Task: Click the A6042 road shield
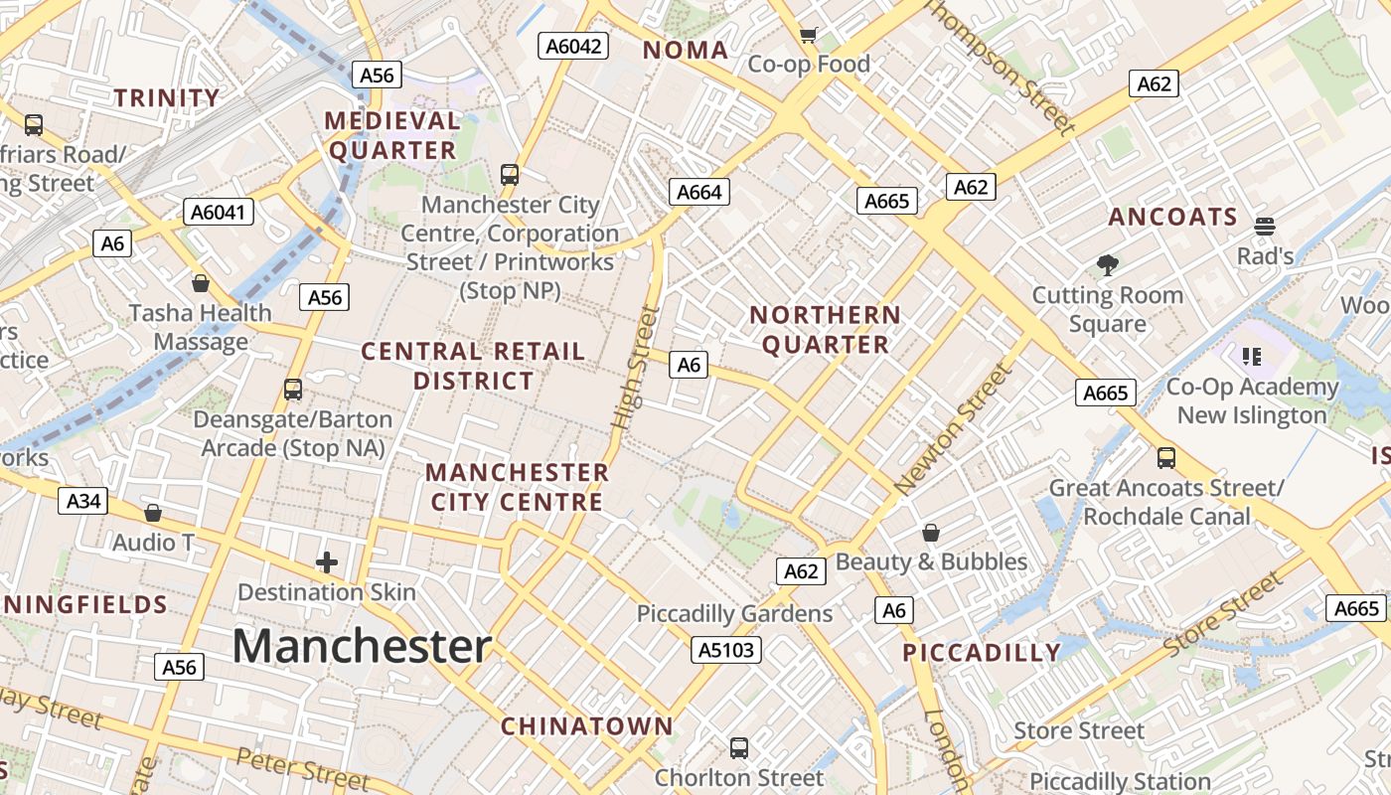[x=573, y=46]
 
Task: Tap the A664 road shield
[x=698, y=192]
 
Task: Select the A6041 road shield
[x=219, y=212]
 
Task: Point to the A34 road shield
[x=83, y=501]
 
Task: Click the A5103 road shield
[x=727, y=650]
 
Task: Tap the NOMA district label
[x=686, y=50]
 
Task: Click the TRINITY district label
[x=167, y=97]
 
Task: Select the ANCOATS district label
[x=1172, y=218]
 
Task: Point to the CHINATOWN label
[x=586, y=725]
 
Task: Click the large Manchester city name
[x=362, y=646]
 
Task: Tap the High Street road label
[x=636, y=368]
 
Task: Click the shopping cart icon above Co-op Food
[x=809, y=36]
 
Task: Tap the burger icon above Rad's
[x=1265, y=227]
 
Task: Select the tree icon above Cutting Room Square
[x=1108, y=265]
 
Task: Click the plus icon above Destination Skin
[x=326, y=562]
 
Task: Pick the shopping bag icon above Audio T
[x=153, y=513]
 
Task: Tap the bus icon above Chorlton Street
[x=739, y=747]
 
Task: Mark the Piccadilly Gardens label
[x=734, y=614]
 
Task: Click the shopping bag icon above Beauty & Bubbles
[x=931, y=533]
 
